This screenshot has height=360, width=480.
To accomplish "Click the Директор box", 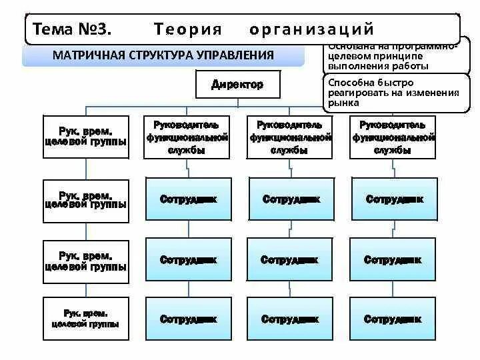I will [237, 85].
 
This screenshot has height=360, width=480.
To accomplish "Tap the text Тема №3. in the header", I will [70, 29].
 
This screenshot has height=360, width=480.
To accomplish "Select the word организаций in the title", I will [311, 29].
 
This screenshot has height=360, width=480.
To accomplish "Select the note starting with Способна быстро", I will [392, 93].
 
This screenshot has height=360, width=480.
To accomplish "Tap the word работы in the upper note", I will [412, 66].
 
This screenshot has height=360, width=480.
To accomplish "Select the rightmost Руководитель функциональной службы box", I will [393, 137].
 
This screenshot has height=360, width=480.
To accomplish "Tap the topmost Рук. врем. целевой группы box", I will [85, 137].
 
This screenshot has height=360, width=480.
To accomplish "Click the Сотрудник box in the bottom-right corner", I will [393, 319].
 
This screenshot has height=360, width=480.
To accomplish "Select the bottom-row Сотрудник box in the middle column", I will [291, 319].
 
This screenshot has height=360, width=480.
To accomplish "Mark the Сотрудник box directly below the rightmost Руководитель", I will [393, 199].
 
